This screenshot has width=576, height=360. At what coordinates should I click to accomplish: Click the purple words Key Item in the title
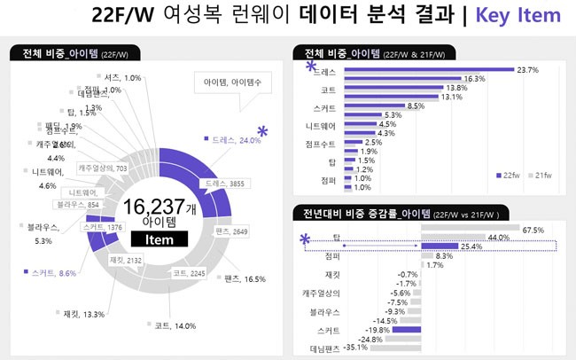click(518, 15)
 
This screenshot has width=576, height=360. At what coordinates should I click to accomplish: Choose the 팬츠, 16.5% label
click(247, 279)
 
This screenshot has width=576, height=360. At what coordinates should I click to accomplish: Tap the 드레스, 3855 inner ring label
click(225, 184)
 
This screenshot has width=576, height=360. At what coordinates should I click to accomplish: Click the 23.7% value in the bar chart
click(528, 69)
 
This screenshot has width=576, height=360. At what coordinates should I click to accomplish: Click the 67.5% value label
click(533, 230)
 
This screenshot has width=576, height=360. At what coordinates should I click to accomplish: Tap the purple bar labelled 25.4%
click(440, 246)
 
